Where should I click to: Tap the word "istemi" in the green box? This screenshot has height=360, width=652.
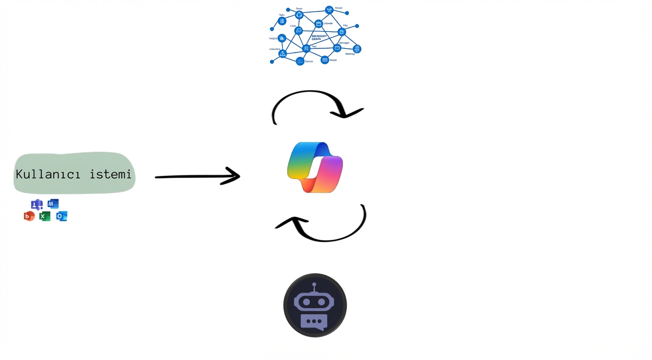coord(111,174)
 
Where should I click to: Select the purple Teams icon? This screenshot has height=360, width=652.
coord(37,204)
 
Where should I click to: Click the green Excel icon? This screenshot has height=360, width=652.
coord(45,216)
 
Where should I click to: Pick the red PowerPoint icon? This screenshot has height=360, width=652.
coord(29,216)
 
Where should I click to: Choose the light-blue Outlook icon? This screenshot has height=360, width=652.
coord(61,216)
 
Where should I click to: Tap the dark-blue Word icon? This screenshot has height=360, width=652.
coord(53,204)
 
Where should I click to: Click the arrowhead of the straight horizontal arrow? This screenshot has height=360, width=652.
coord(232,176)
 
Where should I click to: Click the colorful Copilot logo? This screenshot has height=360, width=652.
coord(315,167)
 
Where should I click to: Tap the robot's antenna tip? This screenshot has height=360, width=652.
coord(314,285)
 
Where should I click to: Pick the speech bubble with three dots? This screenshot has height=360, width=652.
coord(314,322)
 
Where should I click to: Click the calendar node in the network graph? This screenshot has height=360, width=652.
coord(319,24)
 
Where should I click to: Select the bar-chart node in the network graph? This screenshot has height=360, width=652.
coord(282,38)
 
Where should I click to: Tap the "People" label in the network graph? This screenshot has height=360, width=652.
coord(333,60)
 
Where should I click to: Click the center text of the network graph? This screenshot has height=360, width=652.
coord(319,37)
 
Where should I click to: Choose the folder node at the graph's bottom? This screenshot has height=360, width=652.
coord(300,61)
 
